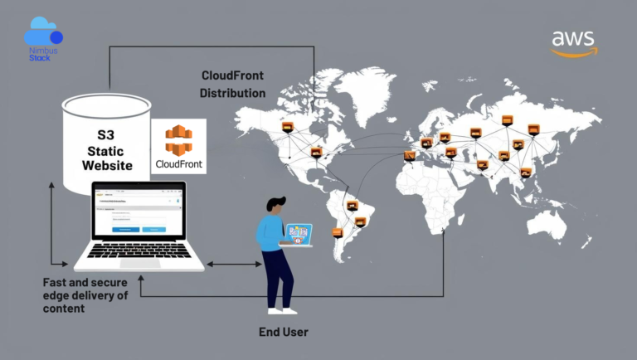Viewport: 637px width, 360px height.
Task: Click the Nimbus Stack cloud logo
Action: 43,36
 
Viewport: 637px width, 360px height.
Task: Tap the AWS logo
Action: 574,42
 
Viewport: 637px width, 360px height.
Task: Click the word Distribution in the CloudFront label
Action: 232,93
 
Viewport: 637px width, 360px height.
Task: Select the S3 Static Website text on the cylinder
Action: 107,149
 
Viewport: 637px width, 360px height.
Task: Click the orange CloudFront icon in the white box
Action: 177,139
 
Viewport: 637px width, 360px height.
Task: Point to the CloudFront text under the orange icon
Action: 177,164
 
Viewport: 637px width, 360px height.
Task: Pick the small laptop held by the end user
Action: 297,234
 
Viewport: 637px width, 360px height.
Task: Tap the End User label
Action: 284,333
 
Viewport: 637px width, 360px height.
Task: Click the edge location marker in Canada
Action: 288,127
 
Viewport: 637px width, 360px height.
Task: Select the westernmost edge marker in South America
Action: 338,232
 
